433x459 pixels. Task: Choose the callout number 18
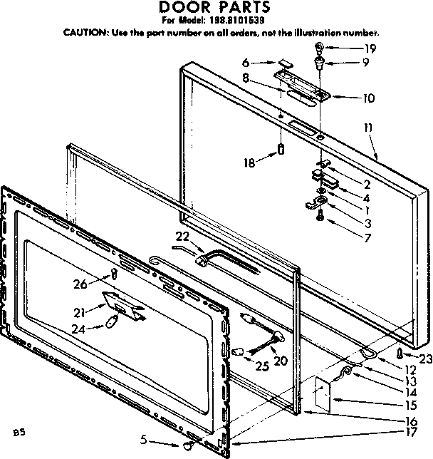coord(248,163)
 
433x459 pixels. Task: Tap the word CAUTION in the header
coord(86,33)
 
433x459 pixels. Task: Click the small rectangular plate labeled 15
coord(320,393)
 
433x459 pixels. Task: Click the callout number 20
coord(280,361)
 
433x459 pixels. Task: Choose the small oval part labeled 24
coord(111,323)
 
